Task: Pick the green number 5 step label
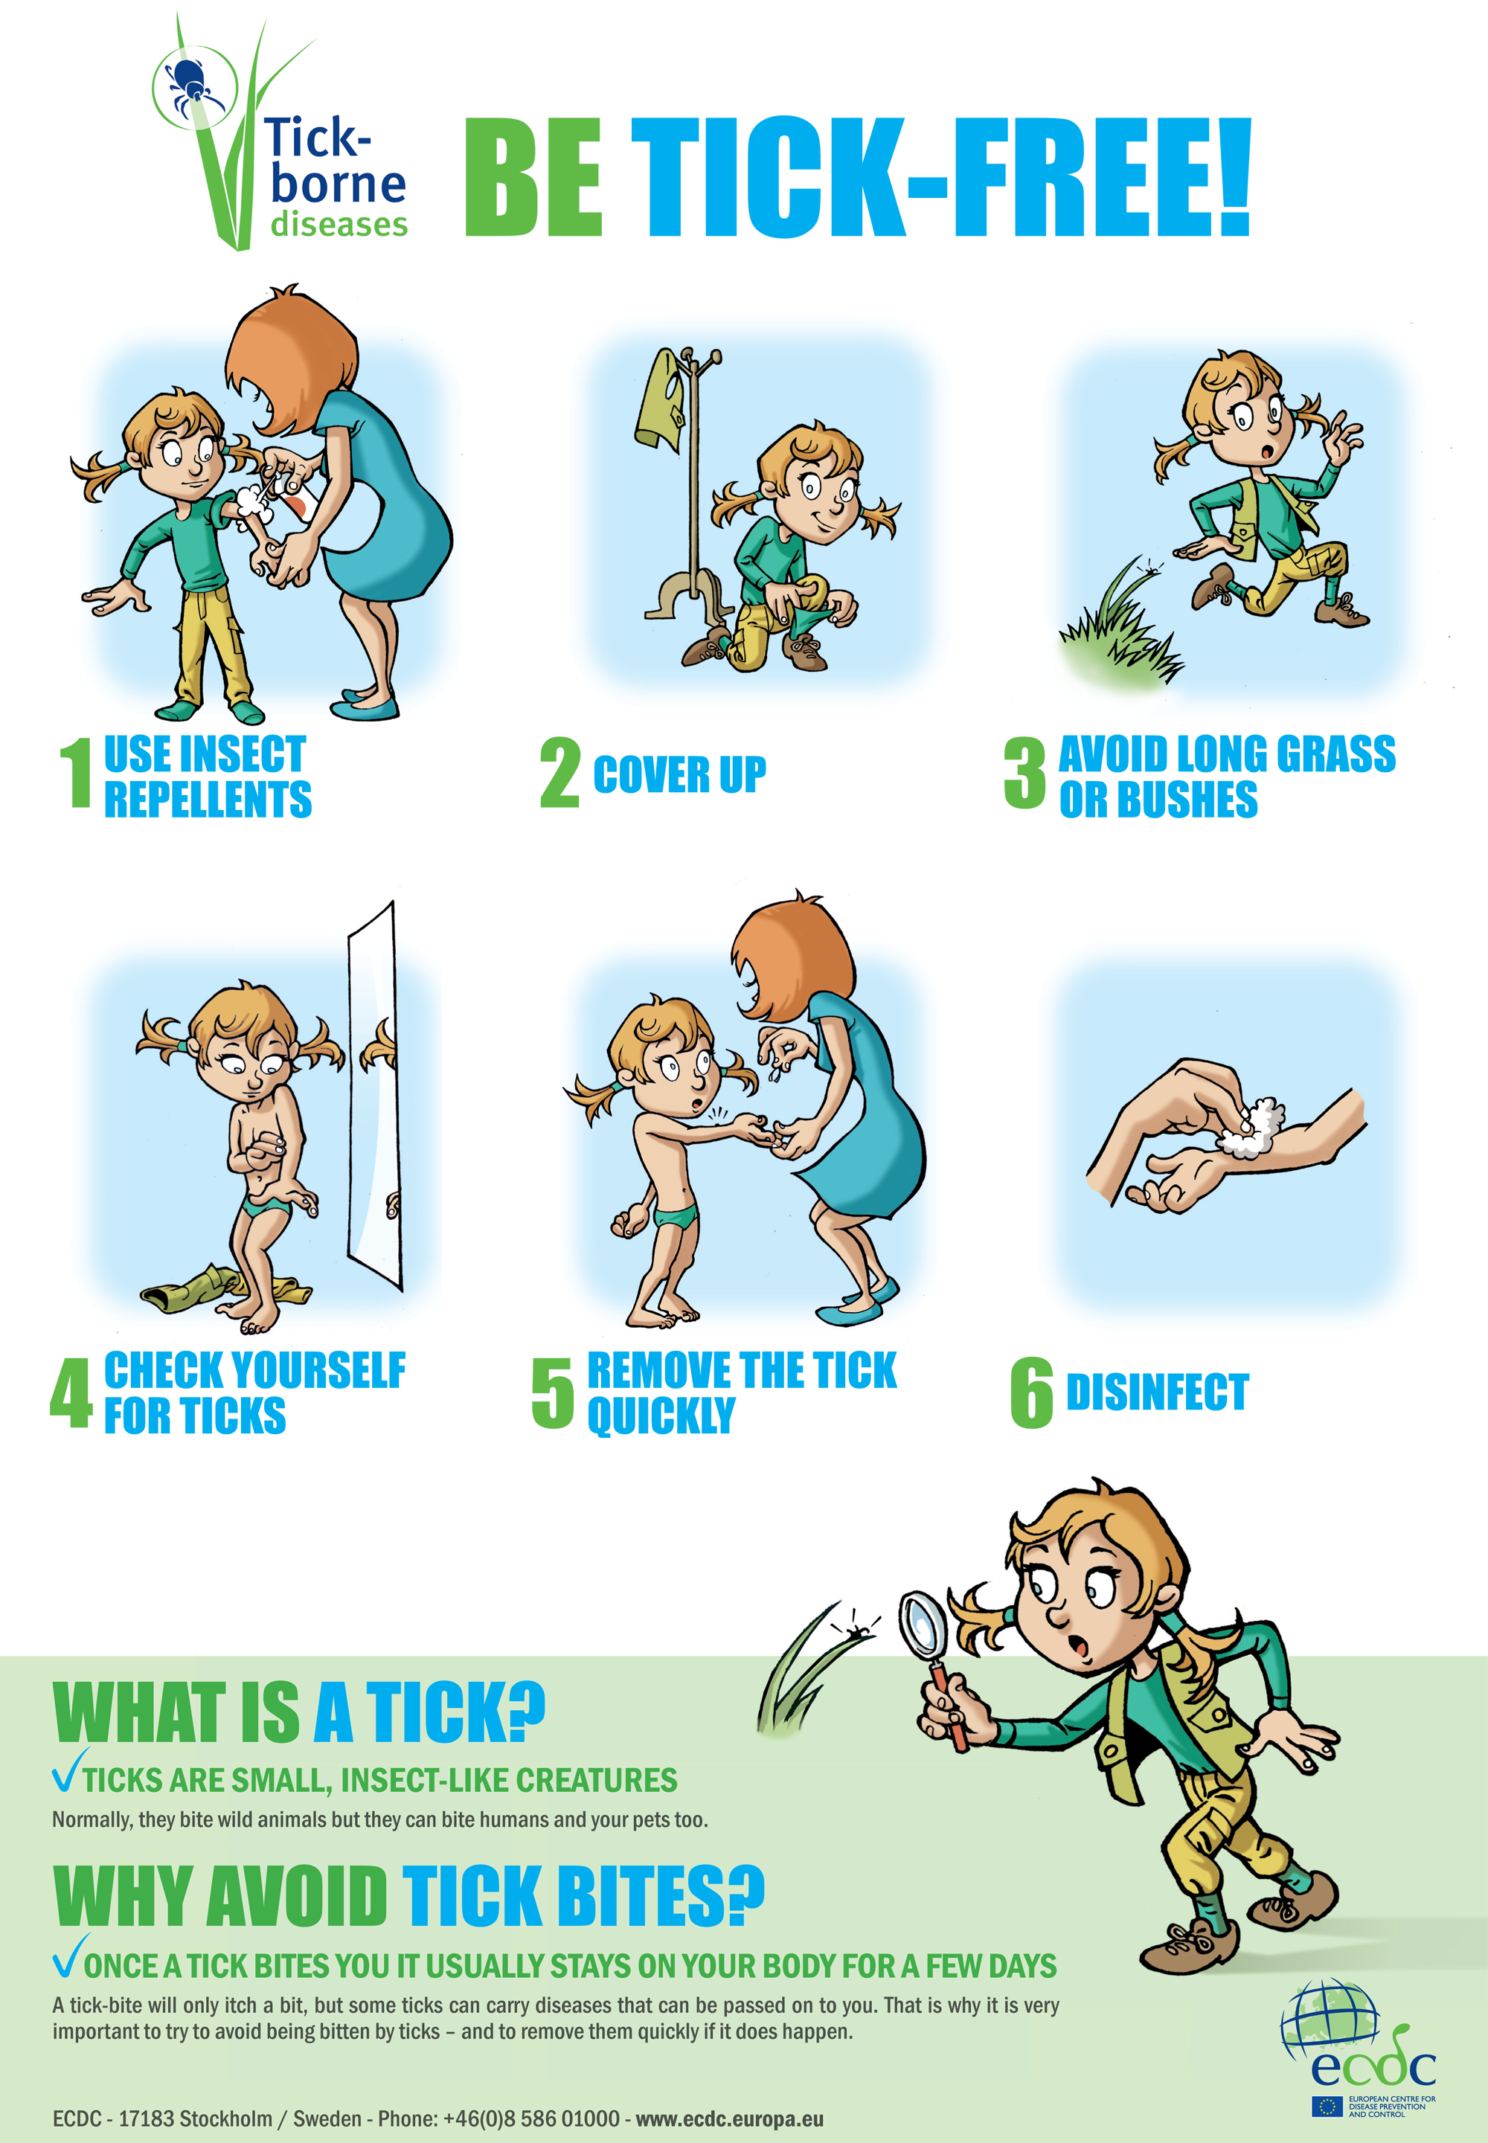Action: click(552, 1392)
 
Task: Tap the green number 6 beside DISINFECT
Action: click(1031, 1392)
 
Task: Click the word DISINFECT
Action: click(1156, 1392)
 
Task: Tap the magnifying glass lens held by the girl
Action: click(924, 1625)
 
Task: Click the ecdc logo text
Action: click(1373, 2066)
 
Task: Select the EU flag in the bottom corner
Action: click(1327, 2106)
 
